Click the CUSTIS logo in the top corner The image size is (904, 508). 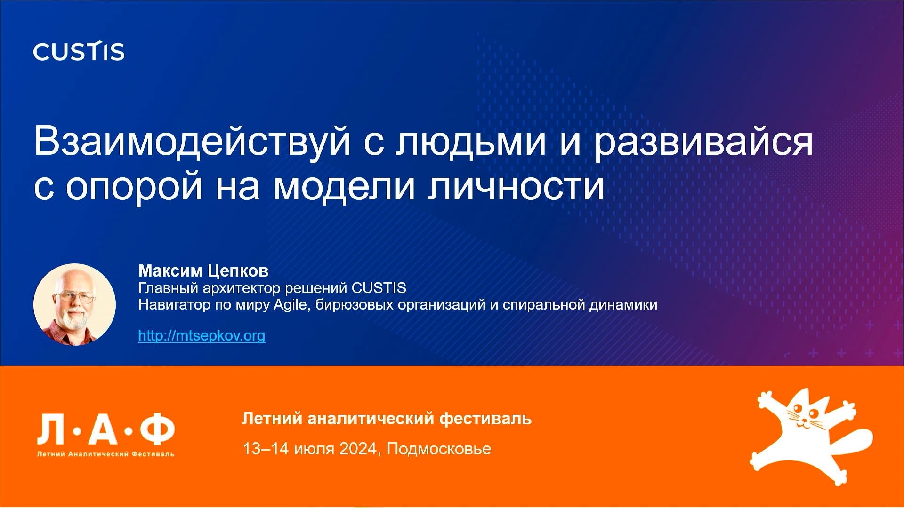[79, 51]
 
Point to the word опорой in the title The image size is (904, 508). [135, 187]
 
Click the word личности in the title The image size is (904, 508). [516, 187]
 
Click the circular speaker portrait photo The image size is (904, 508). [74, 304]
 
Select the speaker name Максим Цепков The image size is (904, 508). [203, 271]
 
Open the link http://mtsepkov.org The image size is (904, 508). [202, 335]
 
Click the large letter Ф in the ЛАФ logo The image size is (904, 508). [158, 430]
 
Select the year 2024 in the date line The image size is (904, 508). [358, 449]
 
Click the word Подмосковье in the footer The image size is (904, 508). [439, 449]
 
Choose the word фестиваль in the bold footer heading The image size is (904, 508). [485, 419]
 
